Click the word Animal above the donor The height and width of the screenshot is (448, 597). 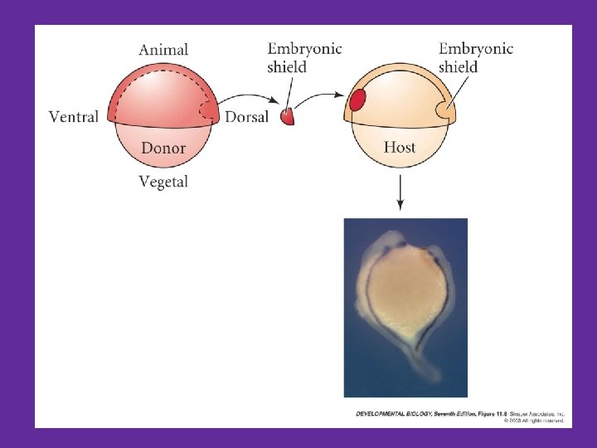(163, 50)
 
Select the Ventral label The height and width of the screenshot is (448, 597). (73, 117)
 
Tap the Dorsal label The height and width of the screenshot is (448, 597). (246, 117)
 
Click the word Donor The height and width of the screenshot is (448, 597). (163, 149)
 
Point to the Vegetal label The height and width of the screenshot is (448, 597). (163, 181)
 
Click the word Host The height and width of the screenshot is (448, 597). (400, 148)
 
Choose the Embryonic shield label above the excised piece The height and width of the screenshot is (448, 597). (304, 57)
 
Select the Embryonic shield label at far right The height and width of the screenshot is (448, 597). (475, 57)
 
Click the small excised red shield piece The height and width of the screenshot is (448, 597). (289, 117)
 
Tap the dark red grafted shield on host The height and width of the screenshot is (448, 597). (357, 100)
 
